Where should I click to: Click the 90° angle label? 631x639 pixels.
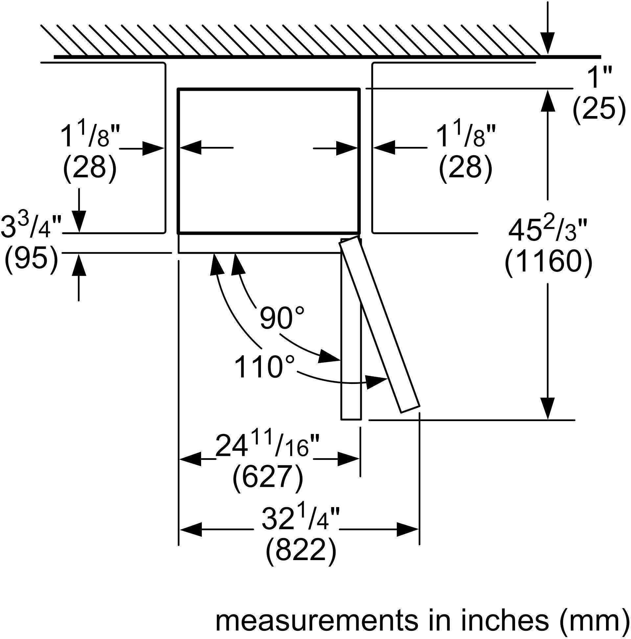coord(281,318)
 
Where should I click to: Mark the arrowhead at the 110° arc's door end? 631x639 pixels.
coord(377,382)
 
